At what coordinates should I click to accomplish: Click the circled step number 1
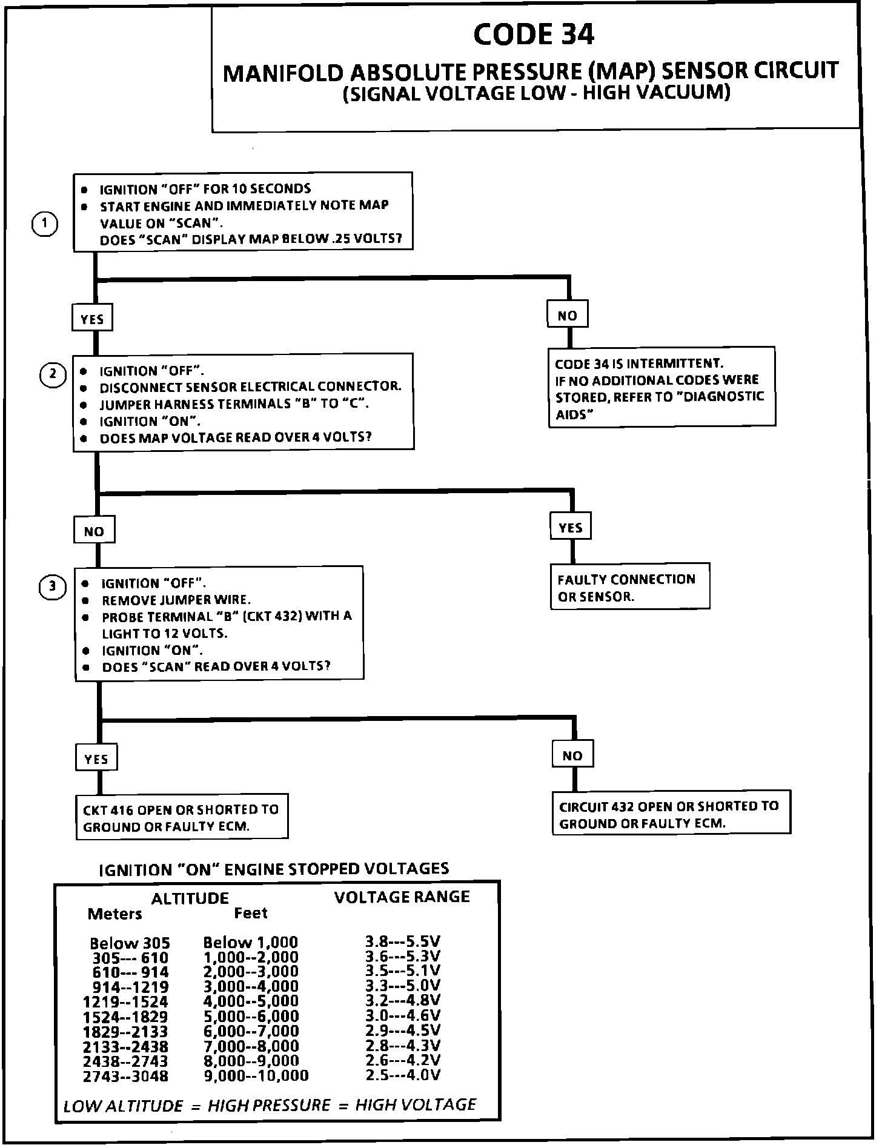[44, 224]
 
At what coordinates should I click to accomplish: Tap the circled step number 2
[53, 374]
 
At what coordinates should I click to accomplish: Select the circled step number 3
[53, 586]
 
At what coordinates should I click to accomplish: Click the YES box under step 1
[92, 319]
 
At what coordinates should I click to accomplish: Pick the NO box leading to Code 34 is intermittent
[568, 315]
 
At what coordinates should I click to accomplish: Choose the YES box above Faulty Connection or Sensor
[570, 528]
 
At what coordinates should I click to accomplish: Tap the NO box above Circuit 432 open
[572, 755]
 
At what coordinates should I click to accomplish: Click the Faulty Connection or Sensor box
[629, 587]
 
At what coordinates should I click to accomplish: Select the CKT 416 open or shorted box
[182, 817]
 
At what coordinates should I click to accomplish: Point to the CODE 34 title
[534, 35]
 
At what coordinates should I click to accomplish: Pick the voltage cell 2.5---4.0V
[403, 1075]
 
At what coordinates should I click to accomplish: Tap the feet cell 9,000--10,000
[256, 1075]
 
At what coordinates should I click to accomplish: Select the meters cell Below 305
[130, 943]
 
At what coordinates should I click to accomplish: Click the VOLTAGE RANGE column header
[402, 897]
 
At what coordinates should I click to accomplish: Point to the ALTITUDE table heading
[190, 898]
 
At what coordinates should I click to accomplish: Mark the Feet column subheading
[251, 913]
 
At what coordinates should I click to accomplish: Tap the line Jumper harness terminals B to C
[234, 404]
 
